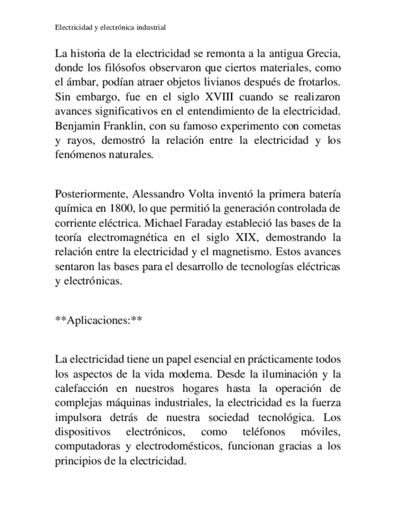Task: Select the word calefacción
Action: click(x=81, y=387)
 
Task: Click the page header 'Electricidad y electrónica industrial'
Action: click(x=110, y=27)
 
